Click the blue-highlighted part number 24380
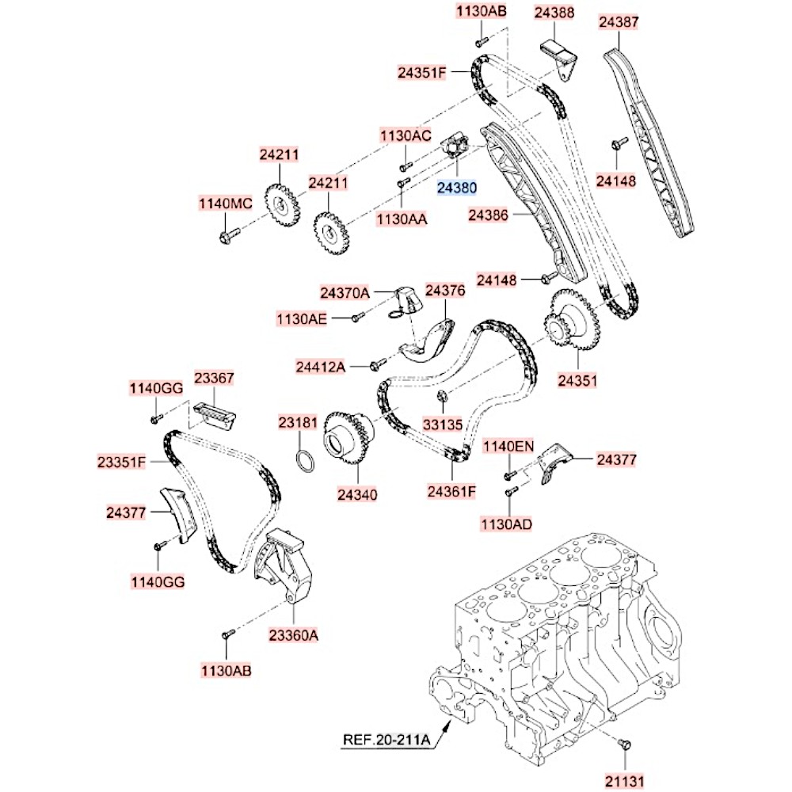click(x=458, y=188)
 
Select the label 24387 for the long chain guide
click(x=618, y=23)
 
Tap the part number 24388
click(x=554, y=13)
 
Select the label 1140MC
click(x=225, y=204)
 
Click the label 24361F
click(x=451, y=491)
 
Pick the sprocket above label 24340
click(x=347, y=437)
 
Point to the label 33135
click(x=442, y=424)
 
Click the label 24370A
click(x=345, y=293)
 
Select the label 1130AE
click(x=301, y=318)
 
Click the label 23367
click(x=214, y=379)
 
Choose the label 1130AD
click(x=505, y=524)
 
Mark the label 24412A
click(x=321, y=366)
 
